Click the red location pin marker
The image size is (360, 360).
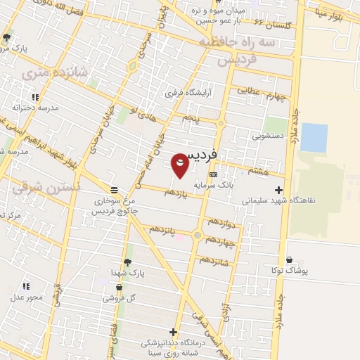coord(180,166)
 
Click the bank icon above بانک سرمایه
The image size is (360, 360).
coord(214,174)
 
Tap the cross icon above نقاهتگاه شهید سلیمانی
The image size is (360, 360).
coord(279,189)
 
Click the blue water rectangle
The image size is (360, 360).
coord(314,138)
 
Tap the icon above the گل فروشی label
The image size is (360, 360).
coord(119,287)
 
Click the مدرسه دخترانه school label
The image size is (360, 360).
coord(34,108)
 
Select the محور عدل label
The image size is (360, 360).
coord(27,297)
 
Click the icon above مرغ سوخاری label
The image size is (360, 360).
coord(114,189)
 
